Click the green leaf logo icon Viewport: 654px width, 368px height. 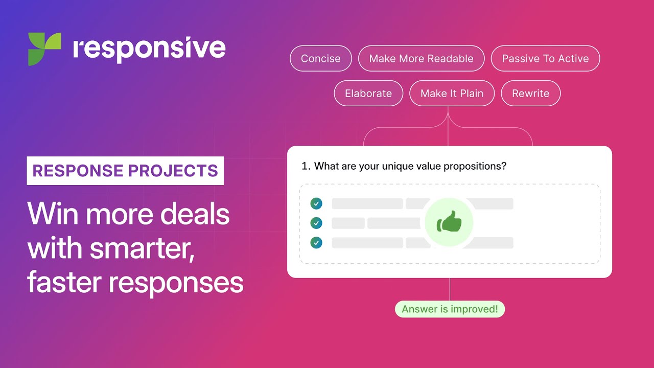click(44, 49)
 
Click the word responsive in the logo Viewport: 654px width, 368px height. click(149, 49)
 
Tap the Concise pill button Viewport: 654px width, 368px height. click(321, 59)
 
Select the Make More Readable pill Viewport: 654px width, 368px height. click(421, 59)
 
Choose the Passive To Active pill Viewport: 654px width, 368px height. click(545, 59)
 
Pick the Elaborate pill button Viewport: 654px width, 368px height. click(368, 94)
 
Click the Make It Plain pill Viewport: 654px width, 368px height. click(452, 94)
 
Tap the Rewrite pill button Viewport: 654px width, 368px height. click(530, 94)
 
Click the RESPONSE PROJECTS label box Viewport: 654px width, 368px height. click(125, 171)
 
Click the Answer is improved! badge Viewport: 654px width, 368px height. click(450, 309)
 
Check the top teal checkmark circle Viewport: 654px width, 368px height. click(316, 204)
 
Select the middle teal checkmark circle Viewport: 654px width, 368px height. click(316, 223)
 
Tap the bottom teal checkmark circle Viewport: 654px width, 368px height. click(316, 243)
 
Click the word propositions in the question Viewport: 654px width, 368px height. click(470, 166)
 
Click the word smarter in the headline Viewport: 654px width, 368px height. click(143, 248)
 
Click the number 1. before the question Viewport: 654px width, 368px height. click(306, 166)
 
